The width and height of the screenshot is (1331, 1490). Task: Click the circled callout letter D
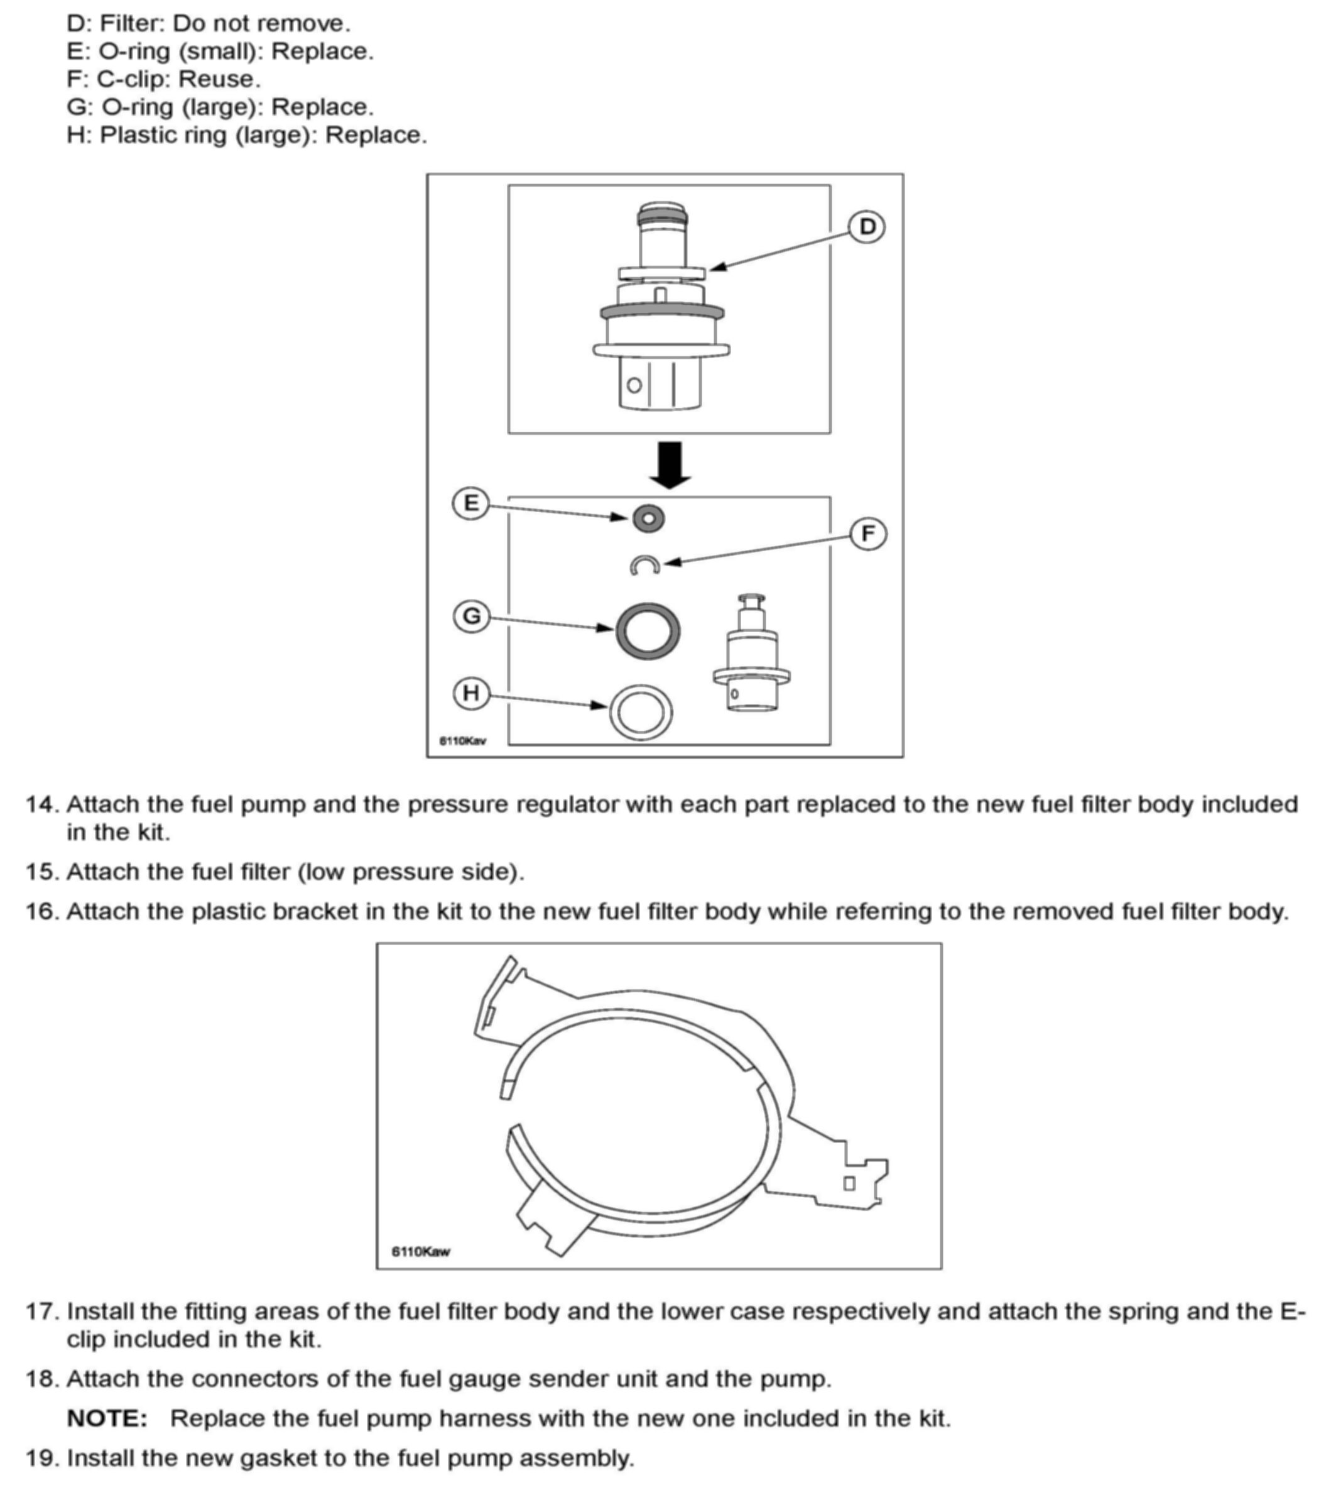(867, 227)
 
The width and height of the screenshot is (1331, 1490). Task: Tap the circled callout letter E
(471, 503)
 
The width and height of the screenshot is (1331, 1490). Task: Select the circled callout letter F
(868, 534)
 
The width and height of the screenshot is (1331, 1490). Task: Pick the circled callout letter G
(472, 616)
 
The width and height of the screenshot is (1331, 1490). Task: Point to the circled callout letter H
(471, 693)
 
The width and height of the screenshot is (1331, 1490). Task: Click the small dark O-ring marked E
(648, 518)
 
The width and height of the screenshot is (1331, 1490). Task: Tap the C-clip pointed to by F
(645, 566)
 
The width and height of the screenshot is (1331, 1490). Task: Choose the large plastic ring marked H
(641, 712)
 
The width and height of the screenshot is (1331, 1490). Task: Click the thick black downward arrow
(670, 464)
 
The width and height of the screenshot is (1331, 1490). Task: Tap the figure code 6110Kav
(462, 740)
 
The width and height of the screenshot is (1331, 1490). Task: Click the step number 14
(41, 804)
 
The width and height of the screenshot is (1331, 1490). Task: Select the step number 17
(41, 1312)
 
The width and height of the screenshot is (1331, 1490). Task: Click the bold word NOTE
(107, 1419)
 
